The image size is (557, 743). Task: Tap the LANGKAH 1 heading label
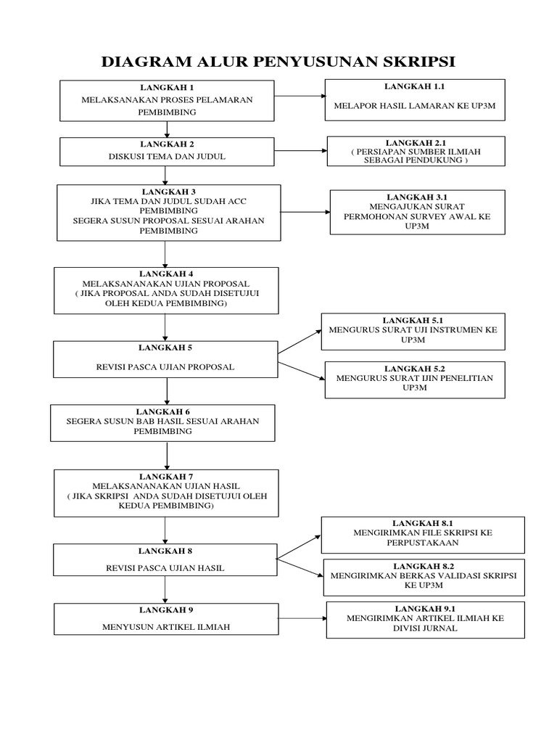167,88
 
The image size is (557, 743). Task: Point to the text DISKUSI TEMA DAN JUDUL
167,155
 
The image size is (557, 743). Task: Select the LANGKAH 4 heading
166,274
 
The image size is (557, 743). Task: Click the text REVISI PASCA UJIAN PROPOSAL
166,367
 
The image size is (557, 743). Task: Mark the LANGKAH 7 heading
166,476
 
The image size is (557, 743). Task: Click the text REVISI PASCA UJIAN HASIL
166,568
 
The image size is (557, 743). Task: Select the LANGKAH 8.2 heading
424,565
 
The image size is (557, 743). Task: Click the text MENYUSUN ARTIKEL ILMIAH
166,627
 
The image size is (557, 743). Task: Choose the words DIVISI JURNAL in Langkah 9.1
425,628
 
